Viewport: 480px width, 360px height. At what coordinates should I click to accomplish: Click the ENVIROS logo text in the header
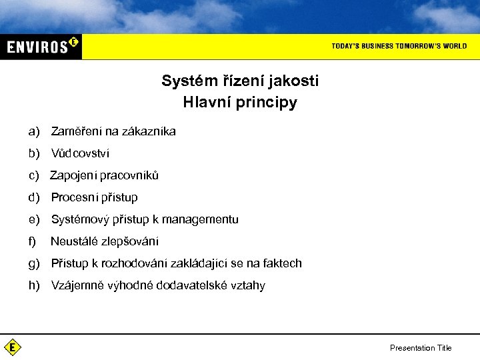pyautogui.click(x=37, y=47)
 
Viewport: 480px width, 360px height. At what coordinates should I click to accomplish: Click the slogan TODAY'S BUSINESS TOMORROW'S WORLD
pyautogui.click(x=399, y=46)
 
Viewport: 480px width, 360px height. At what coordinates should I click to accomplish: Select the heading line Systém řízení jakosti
pyautogui.click(x=240, y=81)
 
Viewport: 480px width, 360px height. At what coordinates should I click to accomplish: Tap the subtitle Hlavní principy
pyautogui.click(x=240, y=103)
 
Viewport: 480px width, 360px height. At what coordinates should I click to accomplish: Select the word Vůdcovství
pyautogui.click(x=80, y=153)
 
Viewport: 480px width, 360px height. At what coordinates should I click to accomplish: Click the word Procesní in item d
pyautogui.click(x=72, y=197)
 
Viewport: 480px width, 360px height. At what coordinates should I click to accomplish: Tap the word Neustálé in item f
pyautogui.click(x=72, y=241)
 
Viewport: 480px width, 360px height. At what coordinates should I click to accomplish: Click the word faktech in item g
pyautogui.click(x=283, y=263)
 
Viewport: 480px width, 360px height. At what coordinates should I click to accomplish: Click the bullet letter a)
pyautogui.click(x=34, y=131)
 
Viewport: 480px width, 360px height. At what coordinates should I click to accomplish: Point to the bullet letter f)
pyautogui.click(x=32, y=241)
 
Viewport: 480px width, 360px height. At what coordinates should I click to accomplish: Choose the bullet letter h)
pyautogui.click(x=34, y=285)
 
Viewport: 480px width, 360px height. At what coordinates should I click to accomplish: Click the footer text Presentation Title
pyautogui.click(x=421, y=348)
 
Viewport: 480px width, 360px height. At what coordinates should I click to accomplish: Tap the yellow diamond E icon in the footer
pyautogui.click(x=12, y=347)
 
